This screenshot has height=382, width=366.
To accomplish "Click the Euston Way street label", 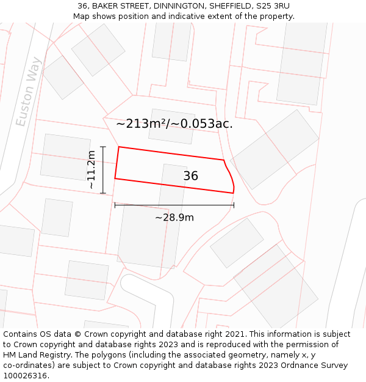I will point(29,92).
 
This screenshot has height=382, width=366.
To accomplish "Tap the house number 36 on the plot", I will point(190,176).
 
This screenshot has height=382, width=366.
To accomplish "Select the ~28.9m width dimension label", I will point(174,218).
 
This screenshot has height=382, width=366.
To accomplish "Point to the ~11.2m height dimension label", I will point(91,169).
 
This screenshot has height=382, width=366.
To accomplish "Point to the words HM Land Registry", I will point(32,355).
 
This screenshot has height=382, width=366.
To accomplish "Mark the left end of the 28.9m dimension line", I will point(115,205).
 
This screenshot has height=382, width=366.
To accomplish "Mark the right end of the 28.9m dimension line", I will point(234,205).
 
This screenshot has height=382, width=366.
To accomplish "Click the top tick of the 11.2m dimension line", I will point(103,147).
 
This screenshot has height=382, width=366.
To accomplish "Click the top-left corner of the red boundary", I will point(119,147).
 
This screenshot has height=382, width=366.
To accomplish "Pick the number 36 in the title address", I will point(82,6).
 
